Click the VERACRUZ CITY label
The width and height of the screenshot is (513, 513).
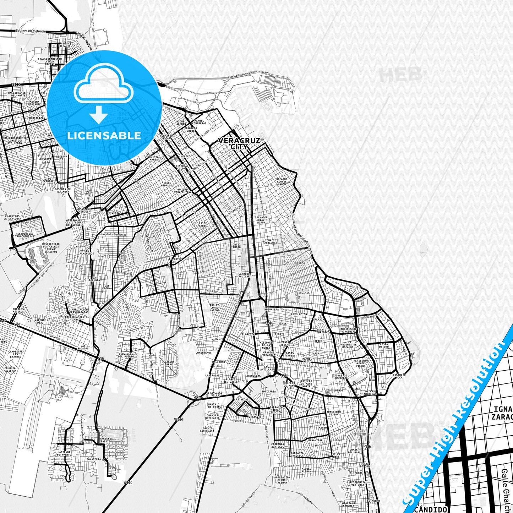(239, 143)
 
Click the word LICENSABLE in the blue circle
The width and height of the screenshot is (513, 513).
(104, 136)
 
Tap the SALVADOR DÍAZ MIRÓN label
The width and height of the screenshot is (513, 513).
(261, 220)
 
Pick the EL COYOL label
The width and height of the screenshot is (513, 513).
(175, 259)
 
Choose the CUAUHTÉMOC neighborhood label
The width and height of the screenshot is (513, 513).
(203, 353)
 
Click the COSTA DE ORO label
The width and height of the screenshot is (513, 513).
(384, 345)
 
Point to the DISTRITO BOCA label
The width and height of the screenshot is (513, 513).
(399, 376)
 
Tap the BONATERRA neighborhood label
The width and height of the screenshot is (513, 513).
(94, 459)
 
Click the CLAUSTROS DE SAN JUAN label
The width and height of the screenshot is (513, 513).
(13, 217)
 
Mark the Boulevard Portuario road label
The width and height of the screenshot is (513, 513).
(31, 31)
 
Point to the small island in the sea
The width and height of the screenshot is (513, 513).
(422, 250)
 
